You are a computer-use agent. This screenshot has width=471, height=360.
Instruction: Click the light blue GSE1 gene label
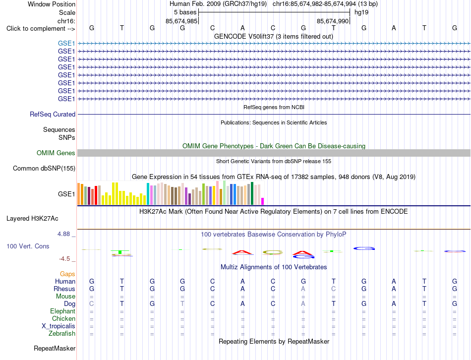66,44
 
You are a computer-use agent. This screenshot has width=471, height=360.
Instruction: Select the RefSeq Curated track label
53,115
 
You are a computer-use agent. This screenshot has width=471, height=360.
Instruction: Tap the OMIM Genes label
56,153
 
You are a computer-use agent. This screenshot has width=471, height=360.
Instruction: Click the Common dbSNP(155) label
44,168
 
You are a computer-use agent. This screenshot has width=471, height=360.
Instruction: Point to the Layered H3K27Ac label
32,219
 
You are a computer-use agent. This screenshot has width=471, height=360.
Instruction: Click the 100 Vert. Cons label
28,246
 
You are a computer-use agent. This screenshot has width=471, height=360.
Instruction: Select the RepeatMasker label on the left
55,349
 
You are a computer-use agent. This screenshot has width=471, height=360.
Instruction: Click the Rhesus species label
64,289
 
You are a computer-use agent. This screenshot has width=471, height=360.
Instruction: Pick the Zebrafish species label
62,334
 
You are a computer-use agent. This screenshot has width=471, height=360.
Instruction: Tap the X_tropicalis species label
59,326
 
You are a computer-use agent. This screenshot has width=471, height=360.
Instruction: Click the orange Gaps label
67,274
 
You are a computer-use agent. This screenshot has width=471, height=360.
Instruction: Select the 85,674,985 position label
181,21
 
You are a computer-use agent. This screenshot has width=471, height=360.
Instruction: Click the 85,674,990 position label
333,21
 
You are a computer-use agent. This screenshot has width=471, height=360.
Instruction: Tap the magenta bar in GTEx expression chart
263,201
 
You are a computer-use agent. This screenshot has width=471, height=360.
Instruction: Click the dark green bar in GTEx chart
252,193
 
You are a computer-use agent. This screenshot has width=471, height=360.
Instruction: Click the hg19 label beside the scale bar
361,12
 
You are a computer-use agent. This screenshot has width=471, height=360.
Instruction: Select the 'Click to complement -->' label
41,29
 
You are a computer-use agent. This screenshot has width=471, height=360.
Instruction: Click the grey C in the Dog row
92,304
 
